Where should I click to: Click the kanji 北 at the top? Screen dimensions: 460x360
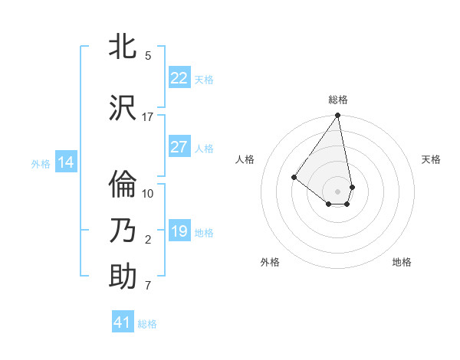(x=123, y=47)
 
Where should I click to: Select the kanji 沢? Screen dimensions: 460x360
(x=123, y=107)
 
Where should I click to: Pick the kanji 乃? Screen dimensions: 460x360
(x=123, y=230)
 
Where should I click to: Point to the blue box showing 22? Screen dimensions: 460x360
(x=179, y=78)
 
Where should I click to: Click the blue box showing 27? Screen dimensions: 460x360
(x=179, y=147)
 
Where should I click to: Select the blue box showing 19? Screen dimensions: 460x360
(x=179, y=231)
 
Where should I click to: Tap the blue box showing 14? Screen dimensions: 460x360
(x=65, y=162)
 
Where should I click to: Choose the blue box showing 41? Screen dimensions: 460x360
(x=123, y=322)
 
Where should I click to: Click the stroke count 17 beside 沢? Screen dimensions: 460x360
(x=148, y=117)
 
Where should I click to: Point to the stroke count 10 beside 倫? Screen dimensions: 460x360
(x=148, y=194)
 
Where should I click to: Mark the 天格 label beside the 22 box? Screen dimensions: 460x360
(x=204, y=79)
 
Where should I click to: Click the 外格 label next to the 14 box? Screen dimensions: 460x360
(x=41, y=163)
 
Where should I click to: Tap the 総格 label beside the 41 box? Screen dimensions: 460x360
(x=147, y=324)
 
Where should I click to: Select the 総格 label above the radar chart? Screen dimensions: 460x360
(x=338, y=100)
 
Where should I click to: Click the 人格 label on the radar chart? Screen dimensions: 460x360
(x=245, y=159)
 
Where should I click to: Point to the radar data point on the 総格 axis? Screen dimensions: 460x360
(x=337, y=116)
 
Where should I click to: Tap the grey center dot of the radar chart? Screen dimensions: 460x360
(x=337, y=191)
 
